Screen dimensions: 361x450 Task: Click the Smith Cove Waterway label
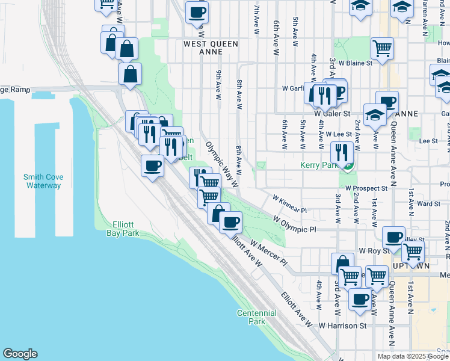point(43,181)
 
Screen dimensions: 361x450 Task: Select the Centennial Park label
point(257,317)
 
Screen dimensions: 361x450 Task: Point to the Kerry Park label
point(318,165)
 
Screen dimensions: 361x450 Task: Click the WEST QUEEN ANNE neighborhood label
point(211,48)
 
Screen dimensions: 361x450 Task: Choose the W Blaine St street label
point(355,62)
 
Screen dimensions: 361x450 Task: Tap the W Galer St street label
point(332,113)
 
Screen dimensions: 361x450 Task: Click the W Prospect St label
point(366,188)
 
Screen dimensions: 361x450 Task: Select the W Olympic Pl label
point(295,229)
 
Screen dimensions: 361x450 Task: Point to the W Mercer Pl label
point(268,253)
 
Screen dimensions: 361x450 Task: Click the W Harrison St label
point(343,326)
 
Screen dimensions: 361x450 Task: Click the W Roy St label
point(371,250)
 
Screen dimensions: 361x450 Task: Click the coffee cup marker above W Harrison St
point(360,298)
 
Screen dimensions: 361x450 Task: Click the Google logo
point(20,354)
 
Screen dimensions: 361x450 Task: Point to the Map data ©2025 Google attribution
point(413,356)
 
